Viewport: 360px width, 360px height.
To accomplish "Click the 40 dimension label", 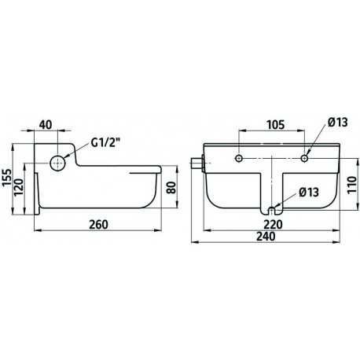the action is pos(46,125).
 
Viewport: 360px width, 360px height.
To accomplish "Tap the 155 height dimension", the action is pos(7,178).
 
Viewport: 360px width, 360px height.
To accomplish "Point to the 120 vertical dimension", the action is pos(19,187).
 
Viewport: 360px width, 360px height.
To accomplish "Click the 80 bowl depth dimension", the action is pos(171,187).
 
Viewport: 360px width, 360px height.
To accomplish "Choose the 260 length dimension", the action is pos(98,225).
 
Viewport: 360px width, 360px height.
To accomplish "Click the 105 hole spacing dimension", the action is pos(275,125).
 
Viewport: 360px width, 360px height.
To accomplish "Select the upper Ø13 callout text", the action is pos(338,122).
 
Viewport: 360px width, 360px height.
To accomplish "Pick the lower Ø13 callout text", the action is pos(309,192).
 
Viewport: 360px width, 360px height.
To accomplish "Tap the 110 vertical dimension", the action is pos(352,185).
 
